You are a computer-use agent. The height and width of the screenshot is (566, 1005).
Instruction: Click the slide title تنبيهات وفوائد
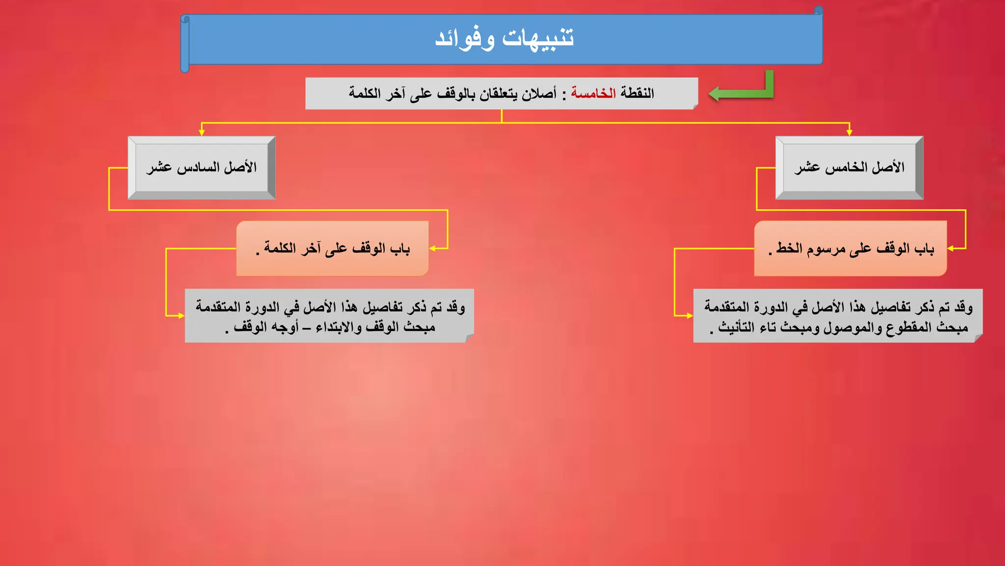[504, 39]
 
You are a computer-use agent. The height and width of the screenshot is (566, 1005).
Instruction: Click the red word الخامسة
[593, 93]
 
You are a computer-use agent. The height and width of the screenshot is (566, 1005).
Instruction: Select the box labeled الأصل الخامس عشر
[849, 168]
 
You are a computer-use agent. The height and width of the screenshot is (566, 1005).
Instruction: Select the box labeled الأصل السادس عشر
[201, 168]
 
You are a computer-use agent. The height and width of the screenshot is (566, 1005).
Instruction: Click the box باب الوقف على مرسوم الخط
[850, 249]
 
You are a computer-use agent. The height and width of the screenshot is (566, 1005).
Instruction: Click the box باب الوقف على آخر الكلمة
[333, 249]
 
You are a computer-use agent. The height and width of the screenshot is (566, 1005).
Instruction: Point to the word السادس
[198, 168]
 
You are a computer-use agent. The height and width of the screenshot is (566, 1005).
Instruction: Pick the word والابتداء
[339, 327]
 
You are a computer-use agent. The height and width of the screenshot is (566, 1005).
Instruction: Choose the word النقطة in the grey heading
[637, 93]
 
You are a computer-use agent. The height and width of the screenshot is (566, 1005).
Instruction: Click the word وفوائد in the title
[465, 39]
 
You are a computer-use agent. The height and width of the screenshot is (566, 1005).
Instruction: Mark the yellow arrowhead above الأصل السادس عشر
[202, 132]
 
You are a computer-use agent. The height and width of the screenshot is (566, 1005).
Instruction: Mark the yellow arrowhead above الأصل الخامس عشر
[849, 132]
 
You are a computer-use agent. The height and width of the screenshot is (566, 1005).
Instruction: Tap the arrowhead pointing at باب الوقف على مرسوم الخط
[951, 249]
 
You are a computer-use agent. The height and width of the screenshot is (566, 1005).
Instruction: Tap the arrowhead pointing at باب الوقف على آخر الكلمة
[433, 249]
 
